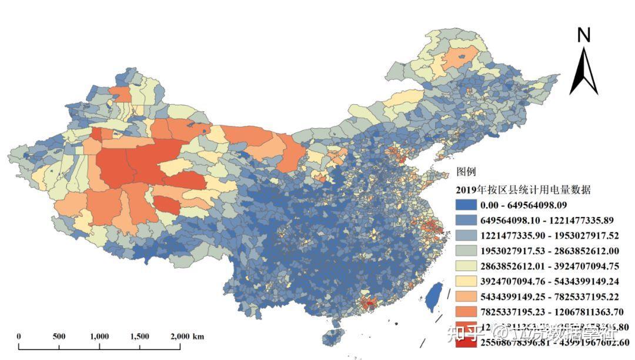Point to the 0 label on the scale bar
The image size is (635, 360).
(19, 336)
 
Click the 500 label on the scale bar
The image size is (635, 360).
(59, 336)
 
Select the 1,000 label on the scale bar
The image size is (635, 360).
(99, 336)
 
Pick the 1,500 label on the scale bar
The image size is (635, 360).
(140, 336)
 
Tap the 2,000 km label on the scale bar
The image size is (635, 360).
(187, 336)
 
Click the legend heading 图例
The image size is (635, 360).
(466, 172)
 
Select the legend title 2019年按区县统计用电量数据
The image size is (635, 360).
(523, 190)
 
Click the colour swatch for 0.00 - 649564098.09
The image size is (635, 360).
(466, 205)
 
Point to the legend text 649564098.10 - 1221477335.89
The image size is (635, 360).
(547, 221)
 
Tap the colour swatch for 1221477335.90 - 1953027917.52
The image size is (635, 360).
(466, 236)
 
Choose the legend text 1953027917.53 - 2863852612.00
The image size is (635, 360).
(547, 251)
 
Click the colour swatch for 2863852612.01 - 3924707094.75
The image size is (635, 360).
(466, 266)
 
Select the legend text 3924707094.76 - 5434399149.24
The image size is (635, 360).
(547, 281)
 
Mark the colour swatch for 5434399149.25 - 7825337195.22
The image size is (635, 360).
(466, 296)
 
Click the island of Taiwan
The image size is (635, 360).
(434, 297)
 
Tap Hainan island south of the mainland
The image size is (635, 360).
(333, 337)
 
